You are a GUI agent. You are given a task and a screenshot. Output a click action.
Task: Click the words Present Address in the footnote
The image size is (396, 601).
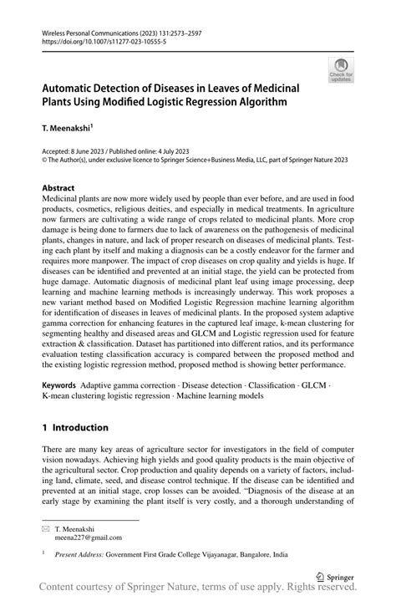[x=78, y=553]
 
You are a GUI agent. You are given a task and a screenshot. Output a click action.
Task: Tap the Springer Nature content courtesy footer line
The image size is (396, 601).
[x=198, y=589]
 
